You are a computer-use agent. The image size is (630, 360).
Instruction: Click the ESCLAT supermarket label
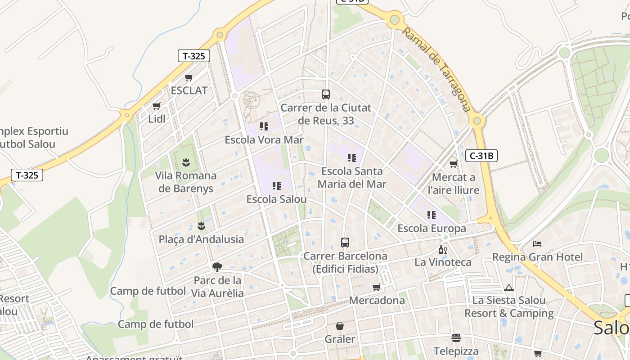[189, 90]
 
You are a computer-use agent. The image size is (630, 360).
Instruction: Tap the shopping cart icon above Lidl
[156, 106]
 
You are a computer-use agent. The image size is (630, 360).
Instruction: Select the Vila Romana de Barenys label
[185, 182]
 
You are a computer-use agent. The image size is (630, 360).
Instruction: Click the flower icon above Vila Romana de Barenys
[185, 162]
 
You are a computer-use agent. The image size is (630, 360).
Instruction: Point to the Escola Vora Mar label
[264, 139]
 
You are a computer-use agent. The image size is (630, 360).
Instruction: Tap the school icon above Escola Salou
[276, 186]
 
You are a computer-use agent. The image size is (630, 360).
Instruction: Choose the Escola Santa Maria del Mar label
[352, 178]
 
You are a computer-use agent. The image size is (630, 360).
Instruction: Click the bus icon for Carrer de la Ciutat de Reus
[326, 94]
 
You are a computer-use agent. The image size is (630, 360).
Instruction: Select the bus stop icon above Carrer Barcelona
[345, 243]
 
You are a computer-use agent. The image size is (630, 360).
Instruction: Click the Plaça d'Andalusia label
[201, 239]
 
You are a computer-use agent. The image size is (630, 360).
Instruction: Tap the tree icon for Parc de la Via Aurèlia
[217, 267]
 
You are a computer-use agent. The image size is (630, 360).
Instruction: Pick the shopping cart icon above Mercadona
[376, 287]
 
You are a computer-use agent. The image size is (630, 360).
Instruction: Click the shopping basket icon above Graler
[340, 326]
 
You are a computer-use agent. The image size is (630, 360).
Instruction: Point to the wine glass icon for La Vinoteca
[443, 250]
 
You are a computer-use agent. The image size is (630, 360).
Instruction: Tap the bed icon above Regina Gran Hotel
[537, 244]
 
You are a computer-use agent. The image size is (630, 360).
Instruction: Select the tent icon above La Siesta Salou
[509, 288]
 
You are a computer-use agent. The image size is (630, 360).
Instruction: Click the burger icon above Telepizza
[456, 337]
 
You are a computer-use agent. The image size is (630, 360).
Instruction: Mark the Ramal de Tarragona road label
[436, 70]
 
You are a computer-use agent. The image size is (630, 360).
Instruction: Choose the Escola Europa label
[432, 229]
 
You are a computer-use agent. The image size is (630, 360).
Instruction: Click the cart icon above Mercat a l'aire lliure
[453, 164]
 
